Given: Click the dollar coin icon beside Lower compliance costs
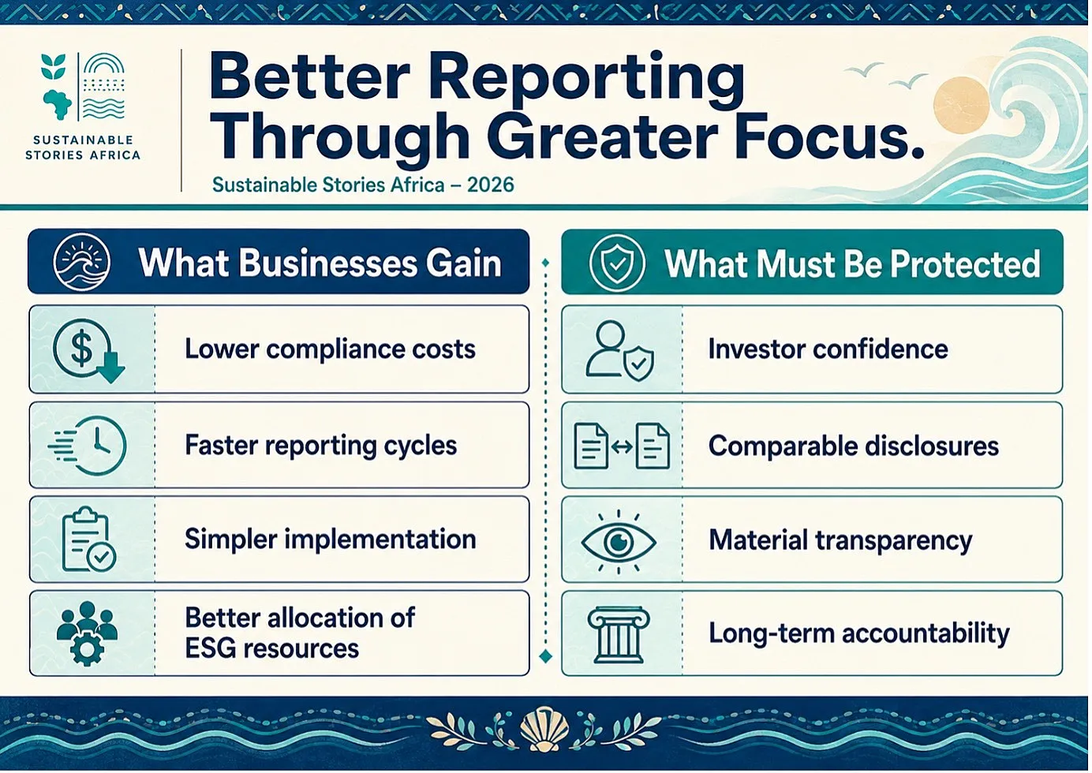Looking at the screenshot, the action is coord(88,349).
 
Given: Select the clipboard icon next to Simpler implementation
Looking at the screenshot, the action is coord(88,540).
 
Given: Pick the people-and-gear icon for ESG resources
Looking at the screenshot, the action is coord(88,633).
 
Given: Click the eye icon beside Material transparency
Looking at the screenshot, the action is coord(619,541).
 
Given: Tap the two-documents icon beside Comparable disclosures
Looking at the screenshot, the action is coord(622,446).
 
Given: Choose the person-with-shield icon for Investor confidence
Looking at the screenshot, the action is coord(619,351).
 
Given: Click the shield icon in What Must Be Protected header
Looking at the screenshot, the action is coord(617,263).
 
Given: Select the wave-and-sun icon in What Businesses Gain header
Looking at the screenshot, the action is coord(81,262).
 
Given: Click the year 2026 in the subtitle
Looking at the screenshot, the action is coord(491,185).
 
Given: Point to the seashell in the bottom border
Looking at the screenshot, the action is coord(544,729).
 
